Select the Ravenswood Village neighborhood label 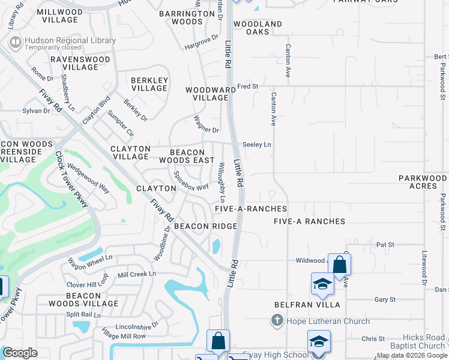(80, 64)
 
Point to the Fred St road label (247, 86)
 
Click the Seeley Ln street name (257, 145)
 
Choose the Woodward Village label (206, 94)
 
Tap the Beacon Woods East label (186, 156)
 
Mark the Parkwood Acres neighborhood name (423, 182)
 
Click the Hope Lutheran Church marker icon (277, 321)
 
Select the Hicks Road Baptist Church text (415, 341)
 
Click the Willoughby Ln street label (222, 182)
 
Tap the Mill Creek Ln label (136, 274)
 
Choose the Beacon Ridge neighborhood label (205, 226)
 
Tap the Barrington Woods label (187, 17)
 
